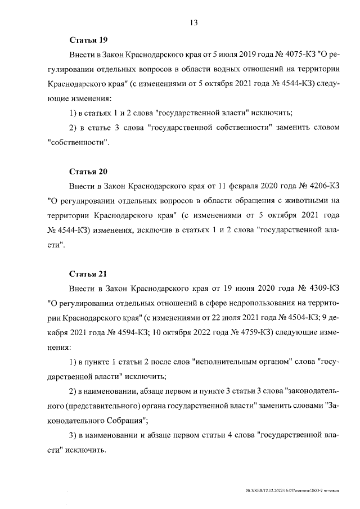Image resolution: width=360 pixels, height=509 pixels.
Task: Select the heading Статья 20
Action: click(88, 171)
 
